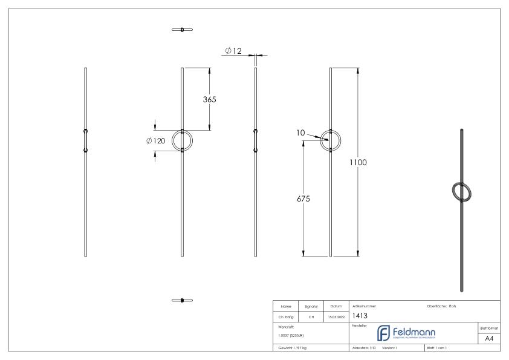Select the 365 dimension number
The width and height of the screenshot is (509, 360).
click(x=209, y=99)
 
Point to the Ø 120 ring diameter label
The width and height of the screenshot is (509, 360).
click(x=156, y=140)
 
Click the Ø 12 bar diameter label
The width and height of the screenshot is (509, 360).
click(x=233, y=51)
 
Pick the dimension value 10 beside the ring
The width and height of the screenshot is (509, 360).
click(x=300, y=132)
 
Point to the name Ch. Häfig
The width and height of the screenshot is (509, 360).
click(x=285, y=316)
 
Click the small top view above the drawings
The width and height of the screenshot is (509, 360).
click(x=182, y=29)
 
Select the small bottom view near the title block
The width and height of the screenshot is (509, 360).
click(x=182, y=299)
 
